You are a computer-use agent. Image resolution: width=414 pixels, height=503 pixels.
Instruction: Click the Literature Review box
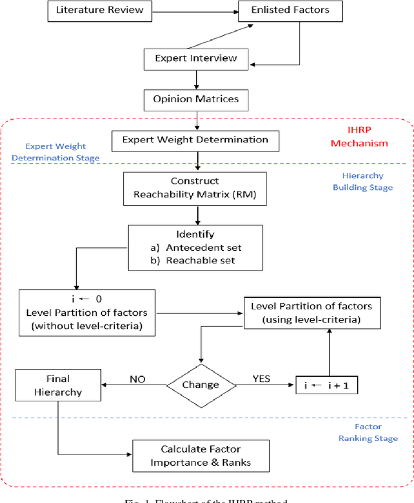pyautogui.click(x=100, y=10)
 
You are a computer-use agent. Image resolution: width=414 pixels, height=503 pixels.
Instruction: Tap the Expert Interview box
pyautogui.click(x=195, y=58)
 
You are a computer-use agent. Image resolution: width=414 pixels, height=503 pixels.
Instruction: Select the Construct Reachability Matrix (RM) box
pyautogui.click(x=195, y=187)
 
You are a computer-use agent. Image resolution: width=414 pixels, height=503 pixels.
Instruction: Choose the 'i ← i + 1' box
pyautogui.click(x=327, y=385)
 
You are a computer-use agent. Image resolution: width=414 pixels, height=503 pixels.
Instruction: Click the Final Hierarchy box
pyautogui.click(x=58, y=385)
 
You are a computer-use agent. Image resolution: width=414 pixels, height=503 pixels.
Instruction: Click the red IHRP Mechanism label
pyautogui.click(x=360, y=138)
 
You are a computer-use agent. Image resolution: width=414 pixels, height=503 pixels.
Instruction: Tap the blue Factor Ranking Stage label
pyautogui.click(x=367, y=432)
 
